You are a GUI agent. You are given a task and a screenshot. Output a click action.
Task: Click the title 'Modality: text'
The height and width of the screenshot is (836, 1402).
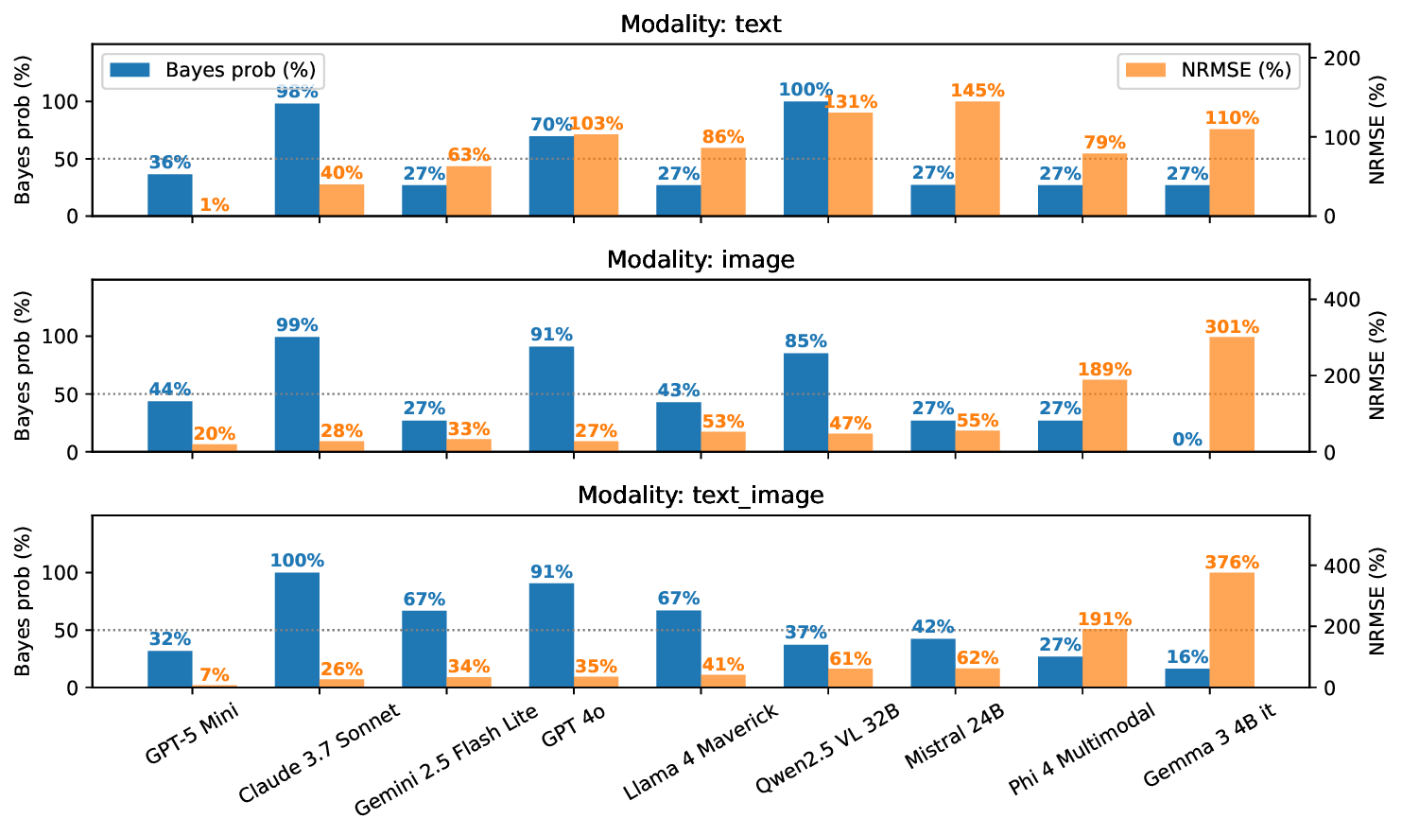pyautogui.click(x=701, y=24)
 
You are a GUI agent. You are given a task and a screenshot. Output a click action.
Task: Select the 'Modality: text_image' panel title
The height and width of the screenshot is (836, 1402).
pyautogui.click(x=701, y=495)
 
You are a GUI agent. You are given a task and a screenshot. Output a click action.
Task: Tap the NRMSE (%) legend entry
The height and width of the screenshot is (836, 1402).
pyautogui.click(x=1209, y=70)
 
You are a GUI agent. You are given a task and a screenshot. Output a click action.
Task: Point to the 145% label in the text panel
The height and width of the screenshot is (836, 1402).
pyautogui.click(x=978, y=91)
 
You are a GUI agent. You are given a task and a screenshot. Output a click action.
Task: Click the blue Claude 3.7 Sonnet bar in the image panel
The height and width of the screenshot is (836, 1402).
pyautogui.click(x=297, y=393)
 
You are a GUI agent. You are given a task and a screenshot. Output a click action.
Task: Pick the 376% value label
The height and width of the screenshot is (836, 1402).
pyautogui.click(x=1232, y=563)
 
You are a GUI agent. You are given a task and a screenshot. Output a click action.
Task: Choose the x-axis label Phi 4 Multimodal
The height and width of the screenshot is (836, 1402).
pyautogui.click(x=1082, y=750)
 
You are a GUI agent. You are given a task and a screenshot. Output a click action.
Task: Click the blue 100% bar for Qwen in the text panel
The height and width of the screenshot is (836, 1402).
pyautogui.click(x=805, y=158)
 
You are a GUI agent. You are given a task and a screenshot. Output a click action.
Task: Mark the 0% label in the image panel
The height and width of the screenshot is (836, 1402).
pyautogui.click(x=1187, y=440)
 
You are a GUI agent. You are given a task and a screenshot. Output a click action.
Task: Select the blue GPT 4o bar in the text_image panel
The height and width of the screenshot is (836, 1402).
pyautogui.click(x=551, y=635)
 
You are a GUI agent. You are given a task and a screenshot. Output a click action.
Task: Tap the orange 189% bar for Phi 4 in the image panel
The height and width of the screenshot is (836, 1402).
pyautogui.click(x=1104, y=415)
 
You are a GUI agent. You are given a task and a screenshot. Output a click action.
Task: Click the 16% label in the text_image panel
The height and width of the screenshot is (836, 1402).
pyautogui.click(x=1187, y=657)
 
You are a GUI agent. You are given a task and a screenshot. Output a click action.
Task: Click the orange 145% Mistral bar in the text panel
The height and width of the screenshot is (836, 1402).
pyautogui.click(x=978, y=158)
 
